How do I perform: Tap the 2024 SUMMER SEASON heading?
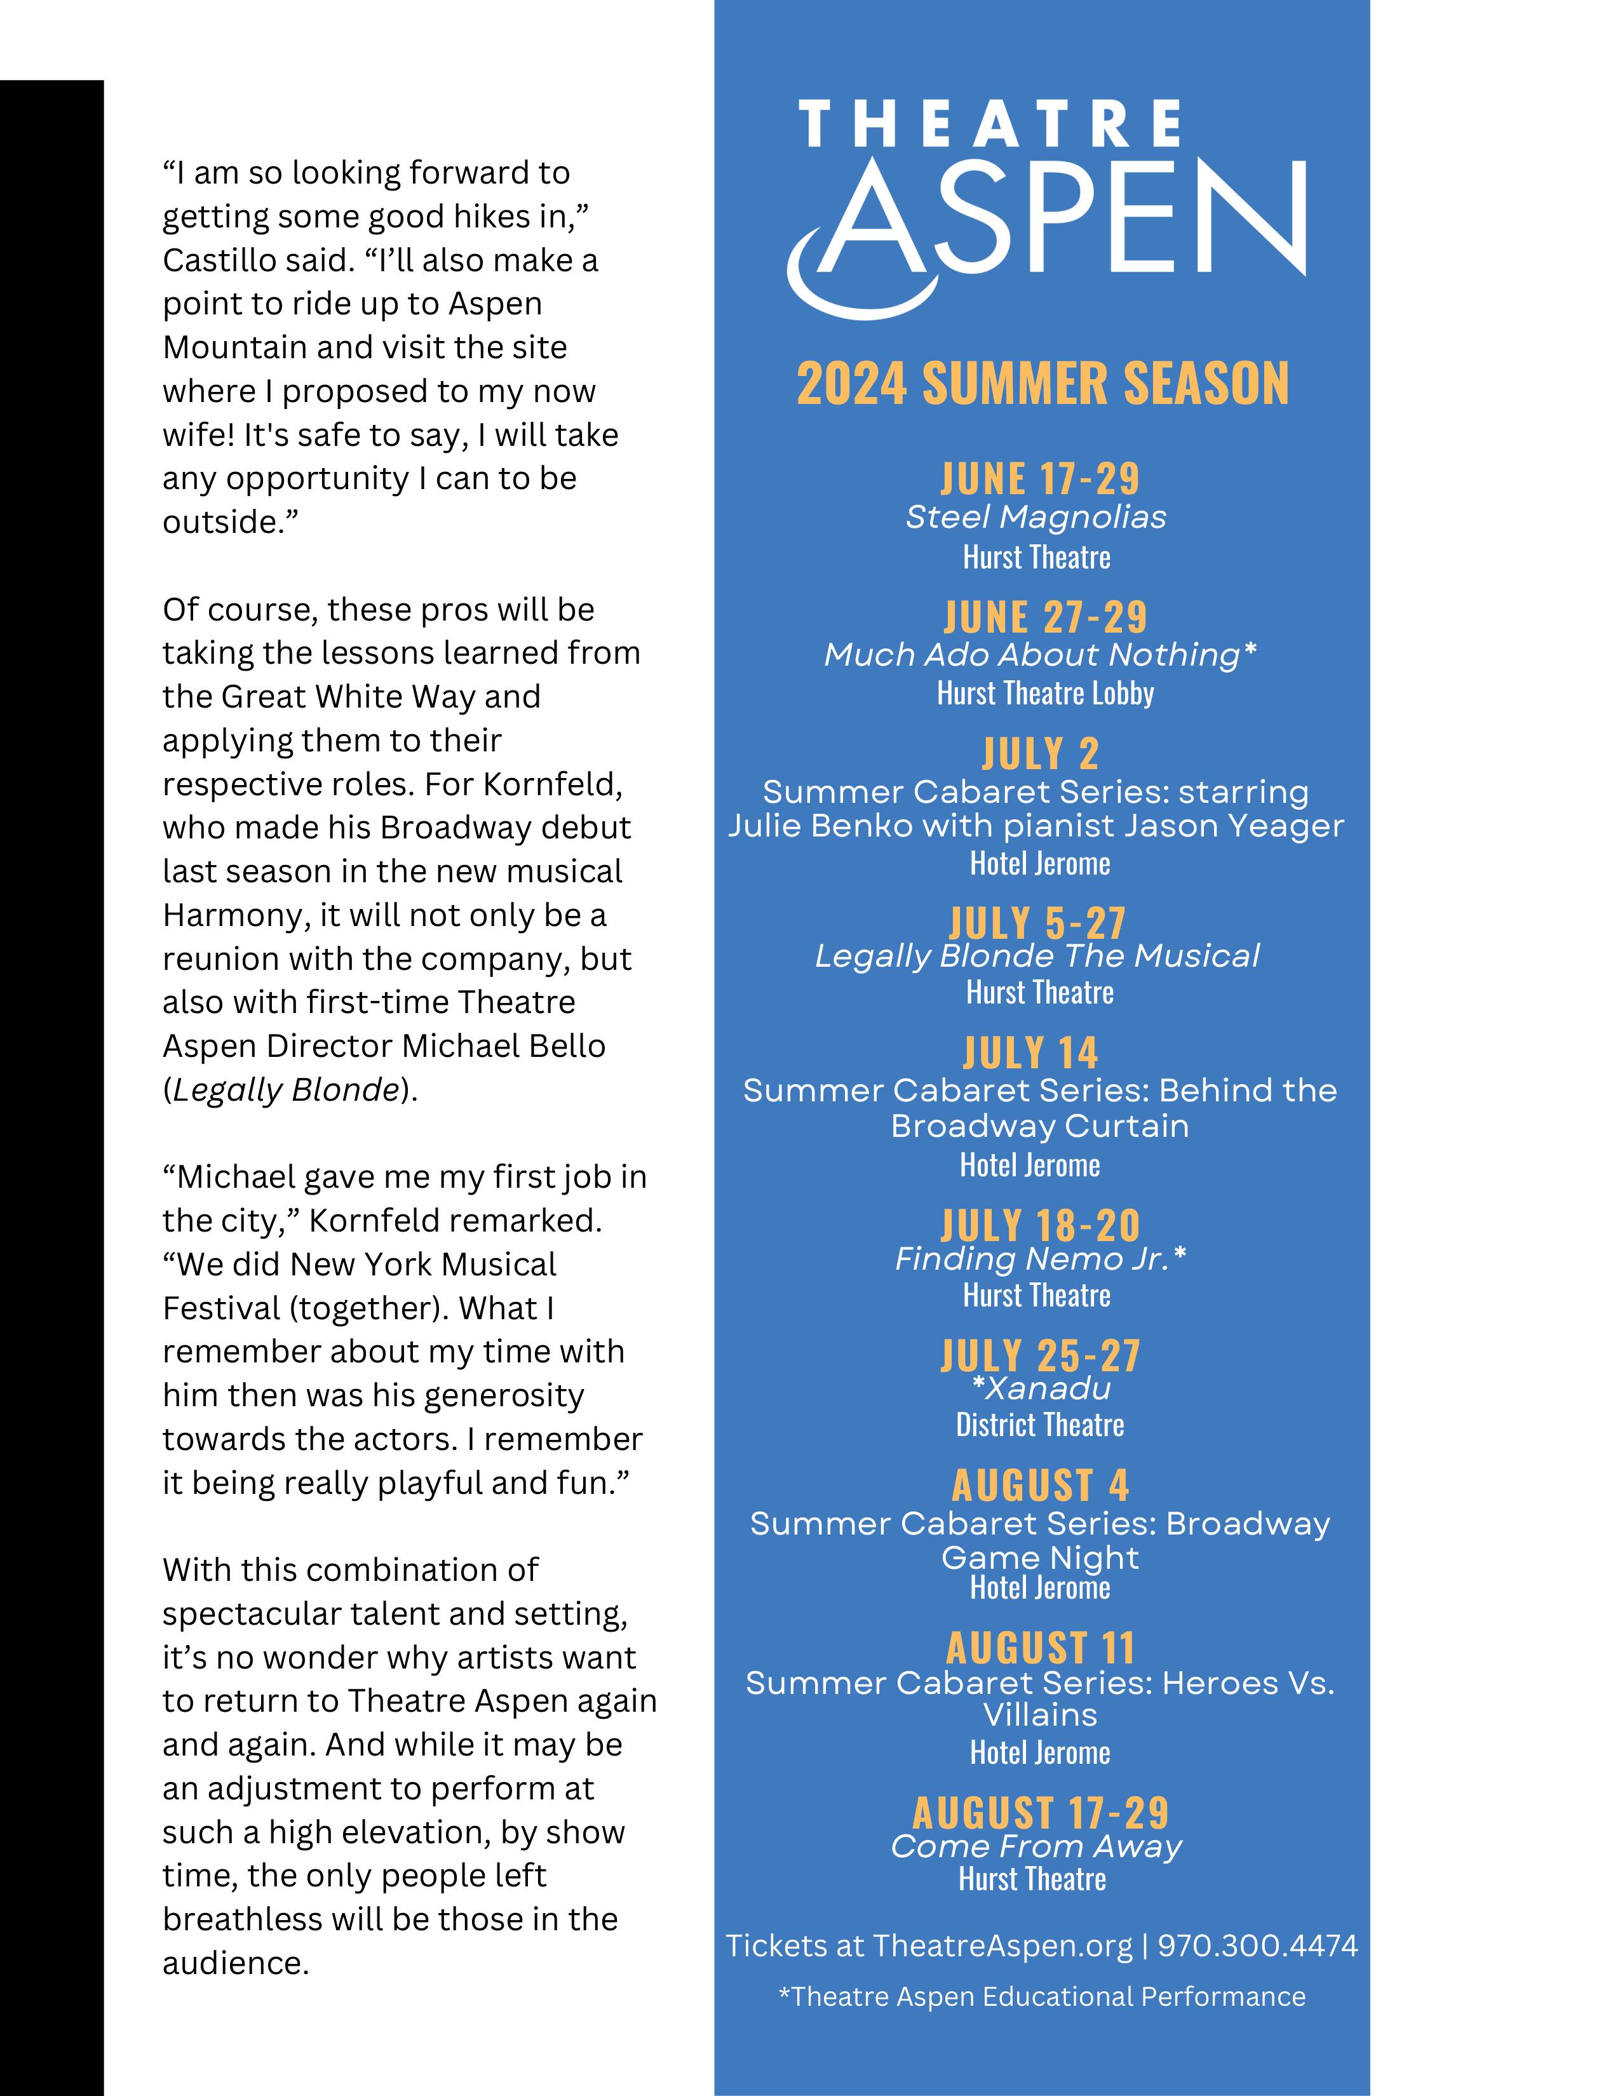(x=1043, y=384)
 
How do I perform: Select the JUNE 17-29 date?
(x=1039, y=478)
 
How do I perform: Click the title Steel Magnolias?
(x=1036, y=517)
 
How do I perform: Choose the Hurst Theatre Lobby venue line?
(x=1045, y=693)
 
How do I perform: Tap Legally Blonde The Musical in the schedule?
(x=1037, y=956)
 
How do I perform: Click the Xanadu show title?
(x=1047, y=1388)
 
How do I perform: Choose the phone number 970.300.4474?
(x=1257, y=1945)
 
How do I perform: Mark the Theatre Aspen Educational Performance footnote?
(x=1041, y=1996)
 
